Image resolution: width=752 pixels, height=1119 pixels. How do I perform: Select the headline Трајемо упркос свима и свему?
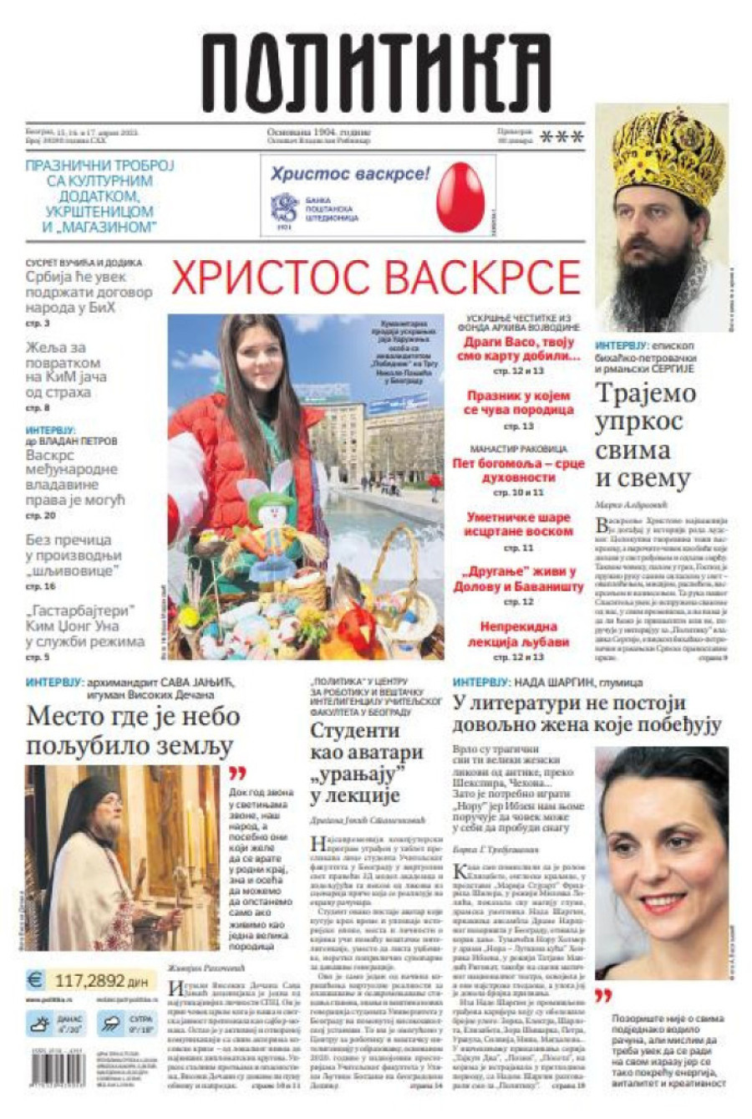click(644, 435)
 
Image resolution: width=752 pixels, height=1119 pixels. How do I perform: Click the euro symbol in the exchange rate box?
click(35, 979)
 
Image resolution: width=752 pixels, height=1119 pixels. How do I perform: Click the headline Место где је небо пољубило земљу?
click(134, 730)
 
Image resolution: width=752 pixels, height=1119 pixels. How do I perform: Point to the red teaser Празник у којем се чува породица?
click(518, 402)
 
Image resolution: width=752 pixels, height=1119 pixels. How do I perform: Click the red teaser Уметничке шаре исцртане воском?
click(518, 524)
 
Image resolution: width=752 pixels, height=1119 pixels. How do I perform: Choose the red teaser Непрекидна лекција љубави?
click(518, 634)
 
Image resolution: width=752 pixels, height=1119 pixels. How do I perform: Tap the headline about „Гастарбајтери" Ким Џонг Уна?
click(84, 626)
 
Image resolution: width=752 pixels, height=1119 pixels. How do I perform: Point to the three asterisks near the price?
click(561, 137)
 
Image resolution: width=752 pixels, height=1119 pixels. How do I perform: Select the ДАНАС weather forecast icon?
click(40, 1022)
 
